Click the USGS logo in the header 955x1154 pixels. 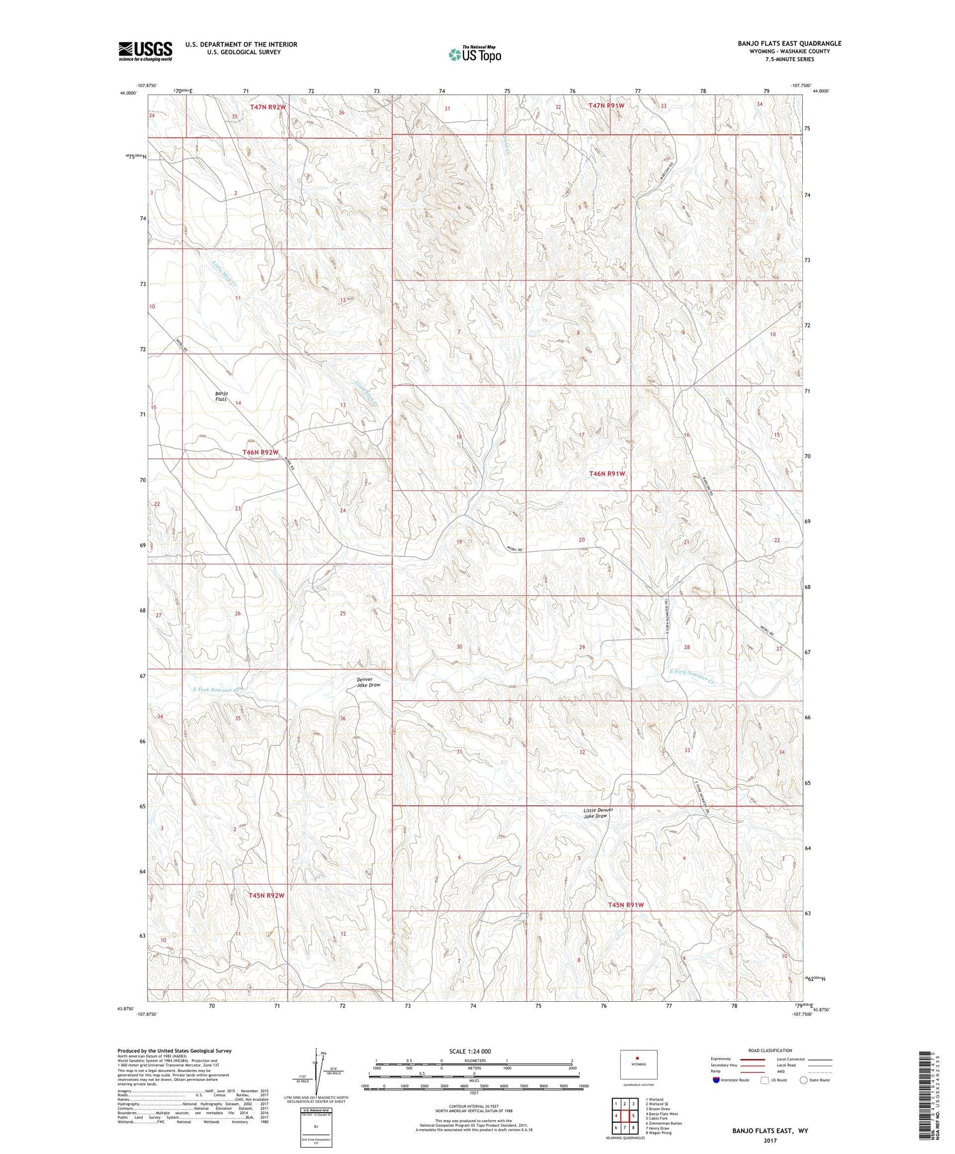pos(145,51)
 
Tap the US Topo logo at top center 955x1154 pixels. pos(474,54)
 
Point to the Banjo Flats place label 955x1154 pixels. pos(221,396)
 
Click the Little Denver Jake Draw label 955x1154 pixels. pos(598,813)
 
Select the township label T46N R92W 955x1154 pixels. pos(260,453)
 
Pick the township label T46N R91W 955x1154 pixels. pos(607,474)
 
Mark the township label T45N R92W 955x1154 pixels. pos(265,896)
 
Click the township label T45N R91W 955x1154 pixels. pos(625,904)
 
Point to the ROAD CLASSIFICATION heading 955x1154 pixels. pos(770,1050)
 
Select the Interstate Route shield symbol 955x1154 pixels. pos(716,1080)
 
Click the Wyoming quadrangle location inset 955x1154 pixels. pos(637,1064)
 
